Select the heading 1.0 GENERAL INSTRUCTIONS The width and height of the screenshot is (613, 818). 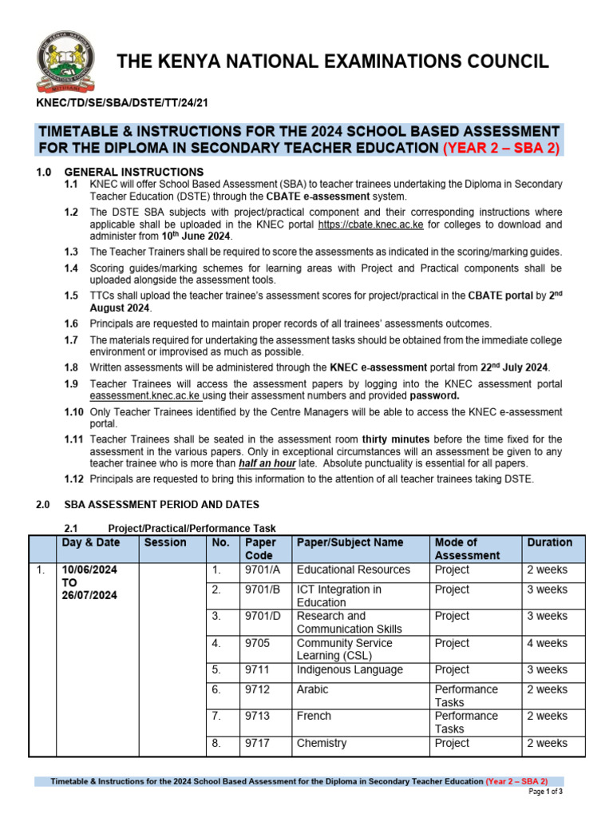tap(133, 172)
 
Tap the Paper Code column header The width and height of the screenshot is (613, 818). tap(259, 548)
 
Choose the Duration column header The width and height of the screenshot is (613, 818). tap(549, 542)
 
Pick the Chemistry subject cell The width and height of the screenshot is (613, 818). tap(322, 743)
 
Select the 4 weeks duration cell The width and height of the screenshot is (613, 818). tap(547, 643)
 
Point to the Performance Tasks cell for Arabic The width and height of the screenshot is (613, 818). tap(466, 695)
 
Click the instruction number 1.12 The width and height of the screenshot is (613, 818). tap(73, 478)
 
